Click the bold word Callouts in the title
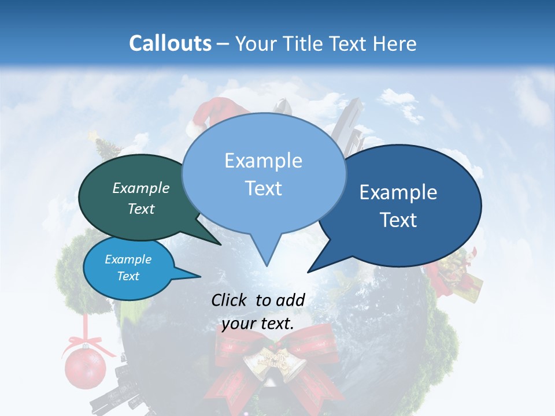pos(170,43)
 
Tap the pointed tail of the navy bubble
pos(310,270)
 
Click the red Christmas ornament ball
pos(85,367)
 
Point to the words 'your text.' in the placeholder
pos(258,324)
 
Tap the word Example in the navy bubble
pos(398,193)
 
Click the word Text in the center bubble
pos(264,188)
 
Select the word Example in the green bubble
pos(141,188)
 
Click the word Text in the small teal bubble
pos(128,276)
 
